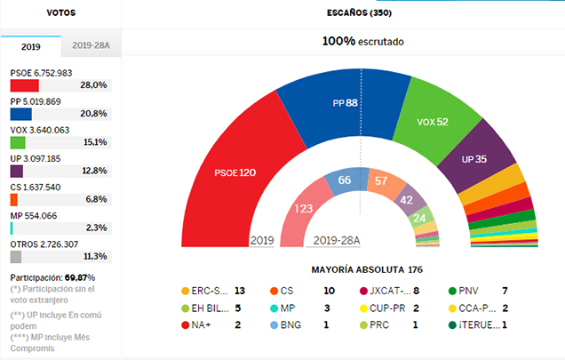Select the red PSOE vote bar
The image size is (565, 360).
(24, 85)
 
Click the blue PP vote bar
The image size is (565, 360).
(20, 114)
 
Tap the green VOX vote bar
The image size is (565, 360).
(18, 142)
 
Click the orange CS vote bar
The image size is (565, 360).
(13, 199)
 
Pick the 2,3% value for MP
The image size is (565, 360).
(96, 228)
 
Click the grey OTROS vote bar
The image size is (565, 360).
(15, 257)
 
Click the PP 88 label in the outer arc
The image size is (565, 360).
(345, 103)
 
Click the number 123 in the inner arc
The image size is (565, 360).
(305, 209)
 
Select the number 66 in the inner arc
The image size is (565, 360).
(344, 181)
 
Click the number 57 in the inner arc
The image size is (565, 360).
(381, 181)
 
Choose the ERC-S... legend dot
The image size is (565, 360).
(185, 291)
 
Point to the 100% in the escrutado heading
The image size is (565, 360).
(338, 41)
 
